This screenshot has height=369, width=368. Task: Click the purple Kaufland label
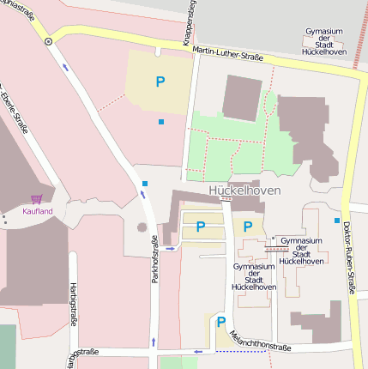click(x=38, y=210)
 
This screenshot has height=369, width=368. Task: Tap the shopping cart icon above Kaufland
click(x=37, y=199)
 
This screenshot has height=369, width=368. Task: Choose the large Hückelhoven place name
click(x=244, y=190)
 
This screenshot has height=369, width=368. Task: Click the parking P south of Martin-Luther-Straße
click(x=160, y=82)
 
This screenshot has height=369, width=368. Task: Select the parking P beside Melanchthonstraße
click(x=220, y=323)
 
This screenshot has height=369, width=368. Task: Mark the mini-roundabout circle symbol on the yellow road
click(x=49, y=39)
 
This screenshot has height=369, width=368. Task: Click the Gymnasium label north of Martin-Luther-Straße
click(x=324, y=41)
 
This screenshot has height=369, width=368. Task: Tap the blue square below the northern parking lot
click(x=160, y=122)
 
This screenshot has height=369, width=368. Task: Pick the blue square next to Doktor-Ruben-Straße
click(x=336, y=221)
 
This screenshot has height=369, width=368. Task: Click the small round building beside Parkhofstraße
click(x=142, y=227)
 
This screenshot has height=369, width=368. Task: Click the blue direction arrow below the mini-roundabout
click(x=65, y=66)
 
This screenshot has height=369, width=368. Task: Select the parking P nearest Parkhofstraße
click(x=201, y=227)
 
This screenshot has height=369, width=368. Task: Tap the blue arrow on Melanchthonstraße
click(x=198, y=351)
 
